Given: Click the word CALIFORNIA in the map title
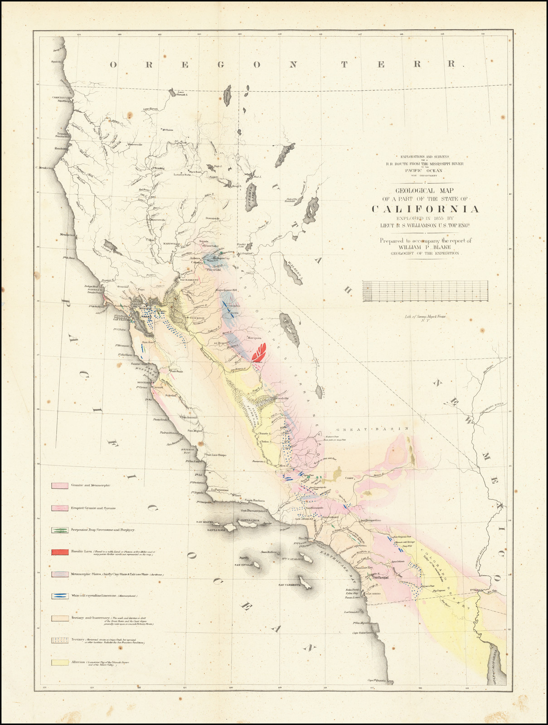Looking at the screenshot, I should [426, 209].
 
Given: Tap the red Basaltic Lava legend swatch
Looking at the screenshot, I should [60, 552].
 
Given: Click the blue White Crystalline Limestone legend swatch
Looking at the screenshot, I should [60, 596].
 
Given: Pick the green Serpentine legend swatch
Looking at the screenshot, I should [60, 529].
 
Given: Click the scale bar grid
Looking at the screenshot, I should [425, 291].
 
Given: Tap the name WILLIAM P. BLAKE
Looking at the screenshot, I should [426, 247].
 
